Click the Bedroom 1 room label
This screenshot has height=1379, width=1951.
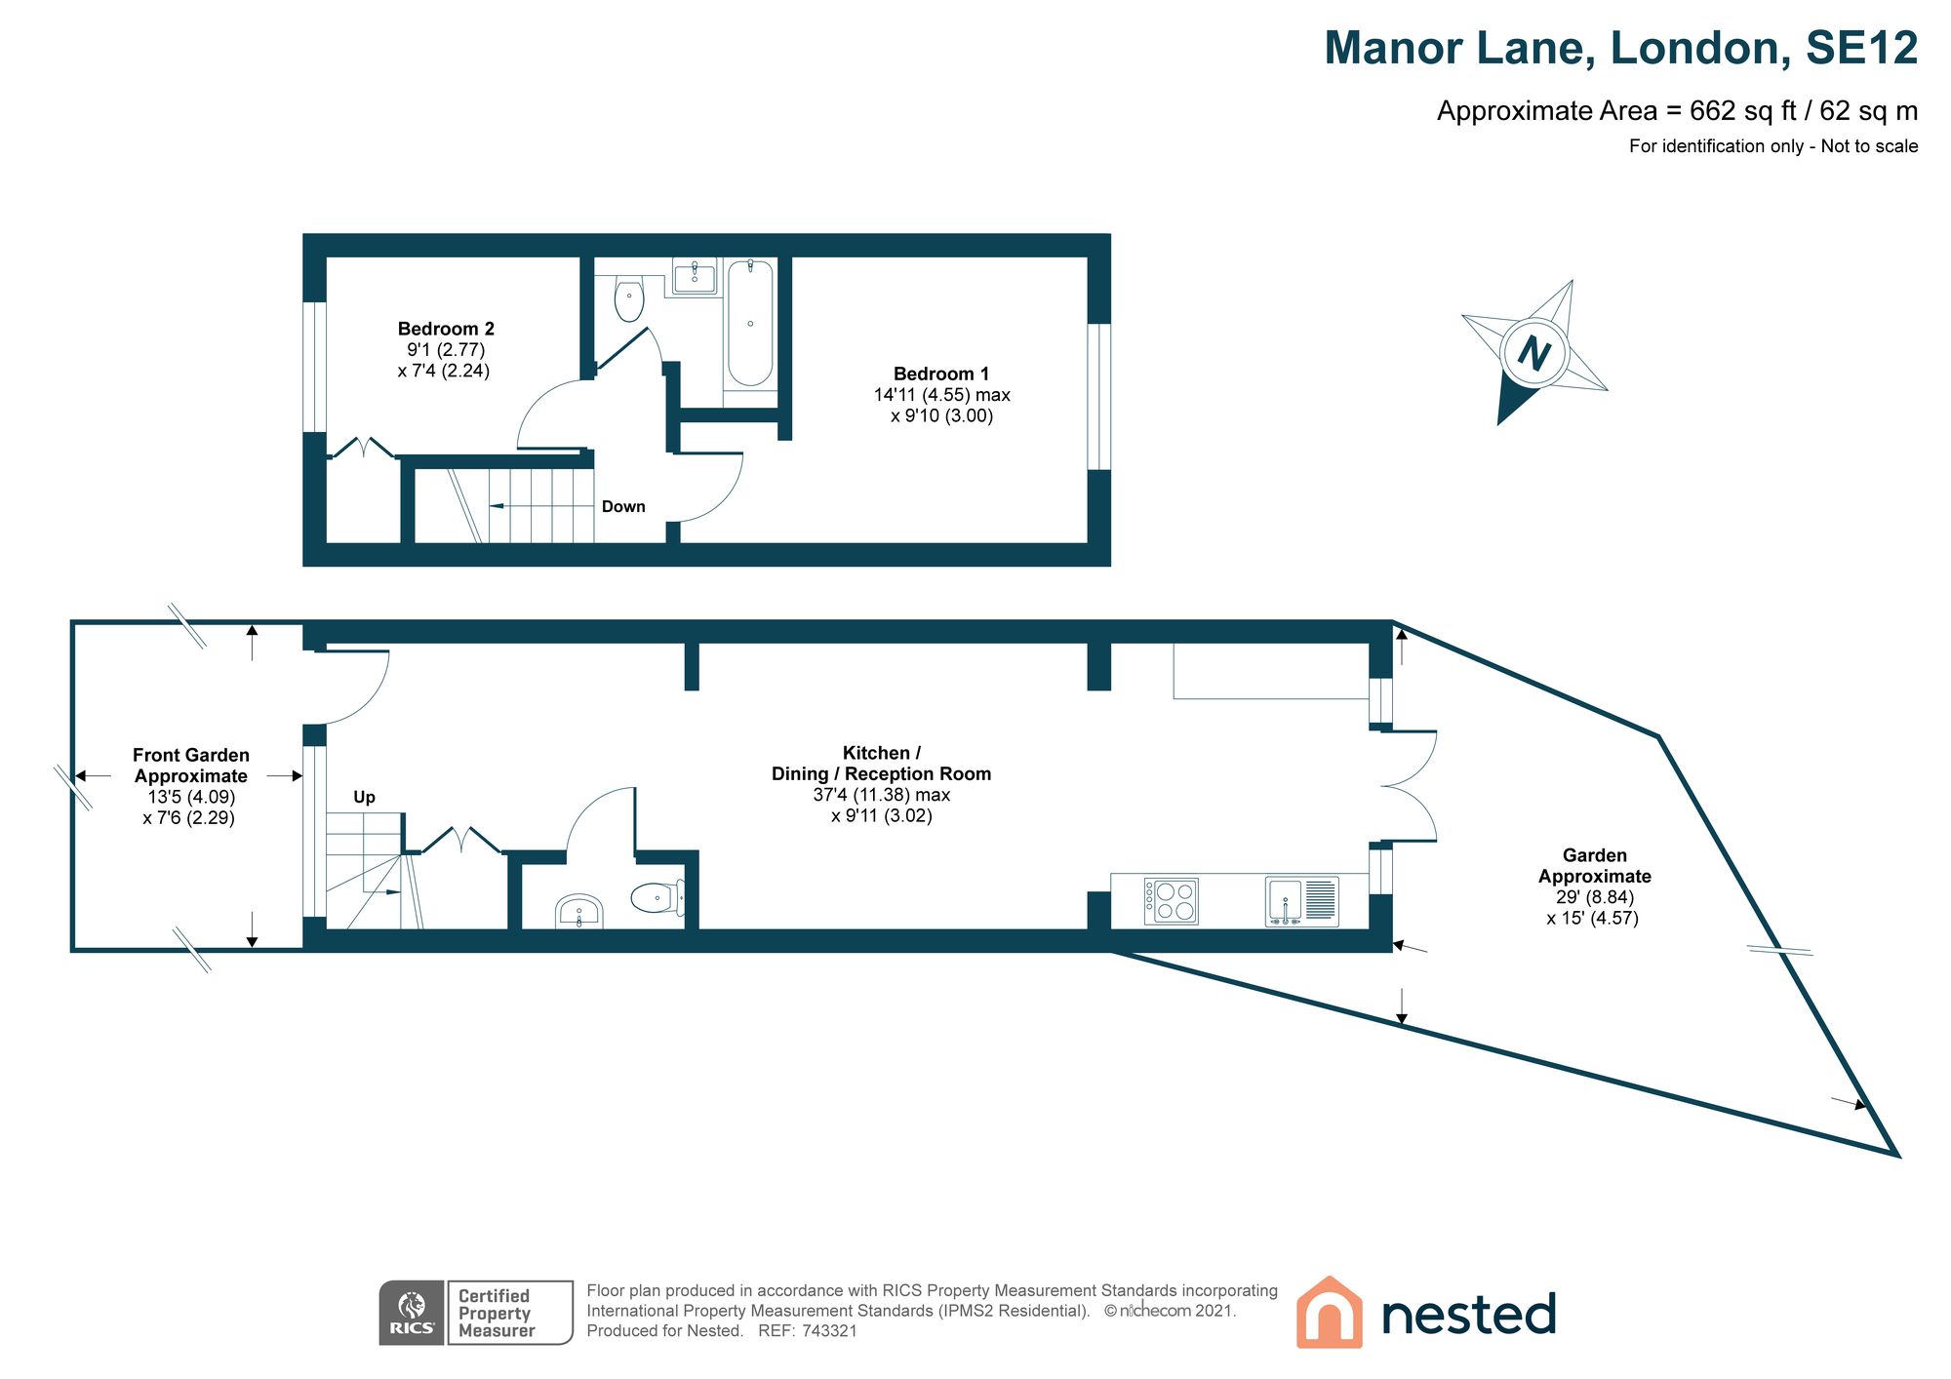[x=940, y=374]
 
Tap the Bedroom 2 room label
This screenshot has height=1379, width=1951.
[x=446, y=329]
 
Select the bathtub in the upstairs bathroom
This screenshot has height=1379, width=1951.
[x=750, y=322]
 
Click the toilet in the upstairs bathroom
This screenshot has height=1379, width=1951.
[x=629, y=299]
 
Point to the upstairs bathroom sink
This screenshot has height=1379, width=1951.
[x=695, y=277]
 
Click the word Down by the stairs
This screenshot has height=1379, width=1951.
[x=623, y=506]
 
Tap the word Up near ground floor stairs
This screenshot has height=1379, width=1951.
[x=364, y=797]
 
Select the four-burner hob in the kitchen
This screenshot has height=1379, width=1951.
[x=1171, y=901]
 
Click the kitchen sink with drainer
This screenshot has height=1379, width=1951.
[x=1301, y=901]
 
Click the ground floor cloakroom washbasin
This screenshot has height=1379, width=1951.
[x=579, y=914]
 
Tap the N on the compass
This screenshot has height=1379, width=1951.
[x=1533, y=352]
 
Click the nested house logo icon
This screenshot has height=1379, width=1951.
[x=1329, y=1313]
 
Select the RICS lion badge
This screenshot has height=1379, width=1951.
[x=412, y=1313]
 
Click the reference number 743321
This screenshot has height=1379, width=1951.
[x=829, y=1331]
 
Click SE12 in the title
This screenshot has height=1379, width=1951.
[x=1861, y=49]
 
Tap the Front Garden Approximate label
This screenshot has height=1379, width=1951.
[x=191, y=766]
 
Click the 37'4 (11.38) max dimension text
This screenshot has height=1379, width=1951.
[x=881, y=795]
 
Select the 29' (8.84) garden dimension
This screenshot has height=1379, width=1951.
[x=1594, y=897]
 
